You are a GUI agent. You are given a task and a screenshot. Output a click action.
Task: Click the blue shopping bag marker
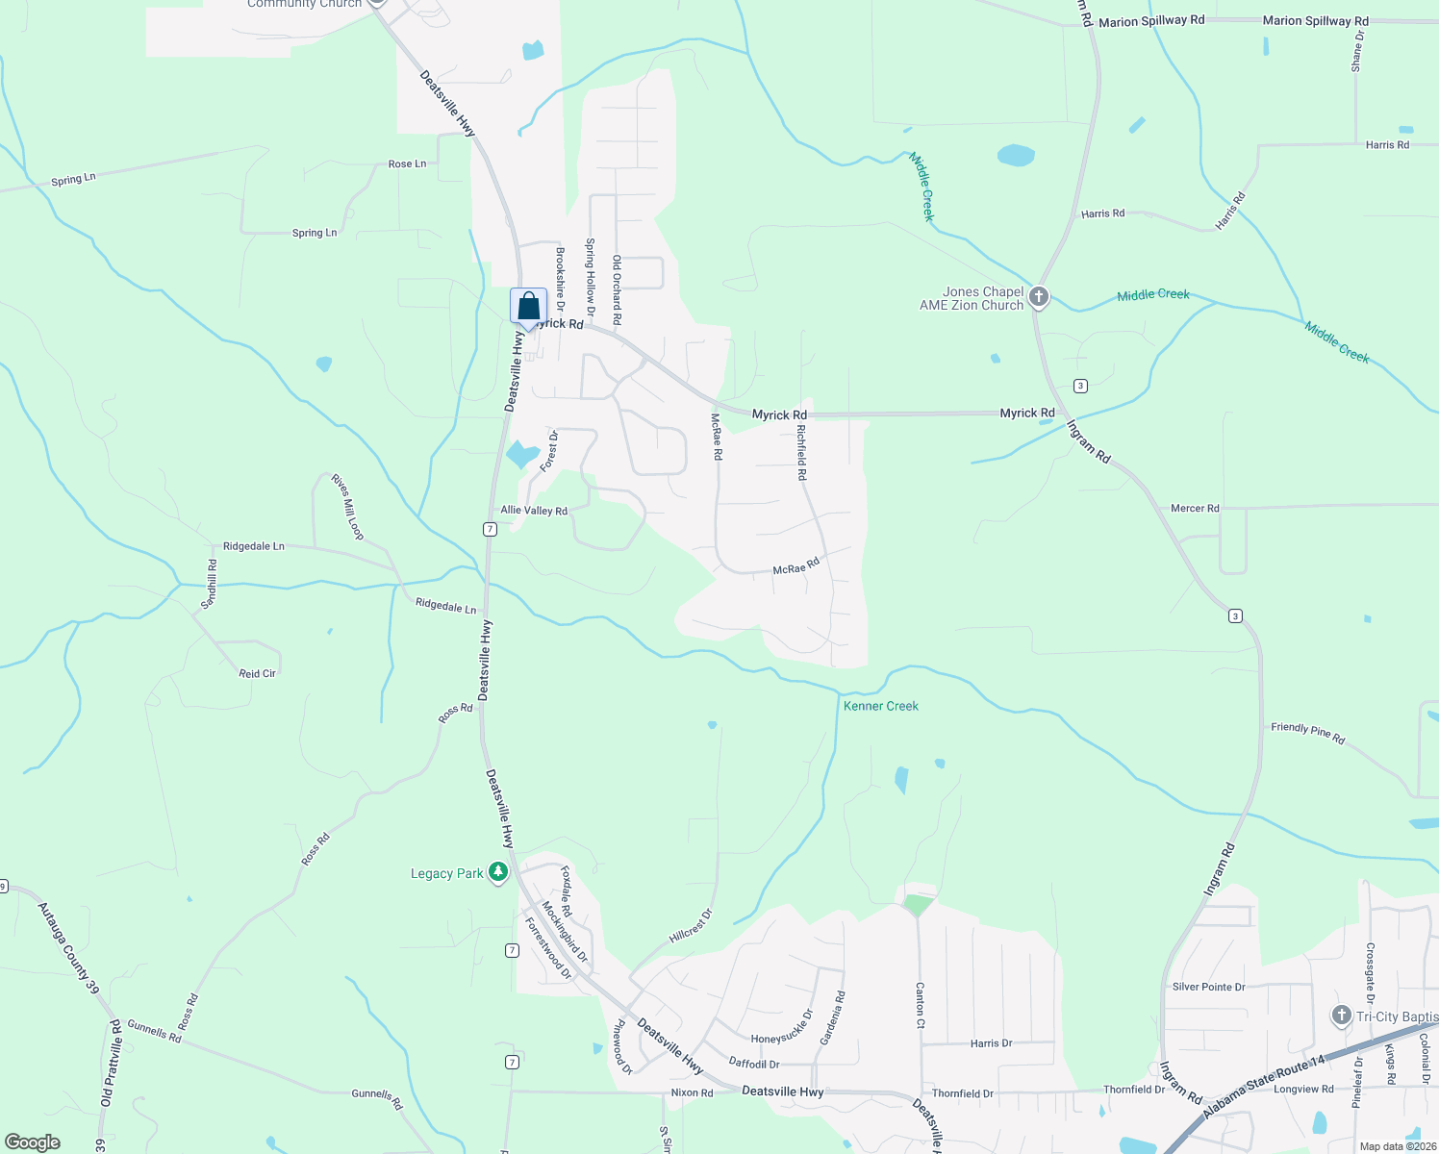tap(528, 308)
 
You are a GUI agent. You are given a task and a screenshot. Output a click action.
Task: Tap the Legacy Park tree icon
tap(497, 872)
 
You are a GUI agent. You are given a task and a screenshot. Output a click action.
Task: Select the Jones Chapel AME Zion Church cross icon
tap(1038, 297)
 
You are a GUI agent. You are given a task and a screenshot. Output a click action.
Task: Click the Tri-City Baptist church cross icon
tap(1341, 1016)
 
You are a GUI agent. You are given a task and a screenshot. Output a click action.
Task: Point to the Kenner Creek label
tap(880, 706)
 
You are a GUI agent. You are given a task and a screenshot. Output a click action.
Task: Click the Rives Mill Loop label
tap(347, 506)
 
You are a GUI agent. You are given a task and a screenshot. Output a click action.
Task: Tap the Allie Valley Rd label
tap(534, 511)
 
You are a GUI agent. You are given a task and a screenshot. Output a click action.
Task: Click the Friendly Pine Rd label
tap(1307, 733)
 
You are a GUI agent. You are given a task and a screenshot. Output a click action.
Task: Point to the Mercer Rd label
tap(1195, 508)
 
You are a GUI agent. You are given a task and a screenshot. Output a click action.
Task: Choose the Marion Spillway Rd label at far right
tap(1315, 20)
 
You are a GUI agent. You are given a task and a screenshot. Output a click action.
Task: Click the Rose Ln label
tap(407, 164)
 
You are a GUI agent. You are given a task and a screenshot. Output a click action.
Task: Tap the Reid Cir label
tap(257, 673)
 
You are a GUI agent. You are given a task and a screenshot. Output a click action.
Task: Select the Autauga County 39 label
tap(68, 947)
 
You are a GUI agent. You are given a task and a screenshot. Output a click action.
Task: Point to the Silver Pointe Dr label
tap(1208, 987)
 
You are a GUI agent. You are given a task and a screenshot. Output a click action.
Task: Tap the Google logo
tap(32, 1142)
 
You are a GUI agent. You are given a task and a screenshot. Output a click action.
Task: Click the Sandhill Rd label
tap(209, 584)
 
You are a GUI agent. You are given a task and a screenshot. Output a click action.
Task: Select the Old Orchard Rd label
tap(617, 289)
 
